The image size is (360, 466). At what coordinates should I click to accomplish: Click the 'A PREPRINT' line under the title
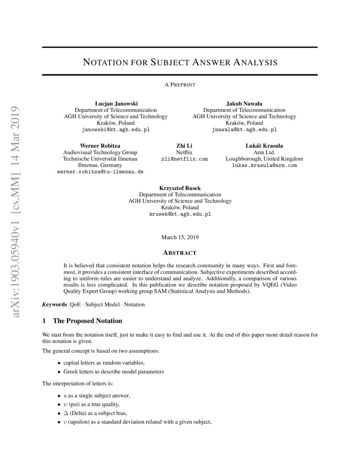180,85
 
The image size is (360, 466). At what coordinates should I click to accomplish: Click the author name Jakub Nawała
244,103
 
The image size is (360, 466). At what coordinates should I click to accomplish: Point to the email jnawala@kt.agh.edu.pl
244,130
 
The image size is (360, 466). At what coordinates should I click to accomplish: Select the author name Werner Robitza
100,146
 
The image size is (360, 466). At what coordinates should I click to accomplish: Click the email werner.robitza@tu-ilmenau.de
100,172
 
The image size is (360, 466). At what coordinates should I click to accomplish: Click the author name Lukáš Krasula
264,146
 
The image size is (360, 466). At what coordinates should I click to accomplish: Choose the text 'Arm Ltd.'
264,152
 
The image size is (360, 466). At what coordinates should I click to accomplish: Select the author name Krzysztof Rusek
180,188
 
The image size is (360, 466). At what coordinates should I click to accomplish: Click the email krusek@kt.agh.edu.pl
180,214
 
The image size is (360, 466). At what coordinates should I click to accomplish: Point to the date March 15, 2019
180,237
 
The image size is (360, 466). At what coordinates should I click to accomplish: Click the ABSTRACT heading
180,253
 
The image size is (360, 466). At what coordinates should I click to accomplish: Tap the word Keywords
55,305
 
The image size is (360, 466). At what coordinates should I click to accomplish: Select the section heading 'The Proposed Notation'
87,321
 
